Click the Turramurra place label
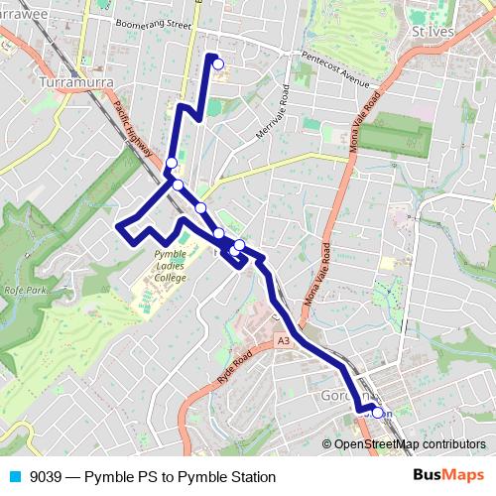click(x=75, y=81)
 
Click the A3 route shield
click(x=284, y=341)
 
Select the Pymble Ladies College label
click(x=157, y=267)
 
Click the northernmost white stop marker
click(x=218, y=65)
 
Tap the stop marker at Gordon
click(x=377, y=412)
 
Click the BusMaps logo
click(x=448, y=476)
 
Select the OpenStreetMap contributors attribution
click(x=409, y=444)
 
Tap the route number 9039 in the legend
click(x=48, y=477)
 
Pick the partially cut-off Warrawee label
click(x=22, y=15)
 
